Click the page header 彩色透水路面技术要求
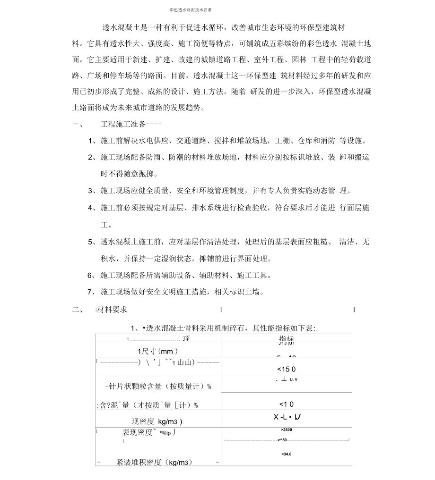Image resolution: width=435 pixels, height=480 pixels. click(x=190, y=9)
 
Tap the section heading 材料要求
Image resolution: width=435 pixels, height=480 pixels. click(x=112, y=310)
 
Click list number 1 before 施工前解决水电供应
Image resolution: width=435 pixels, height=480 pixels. click(x=91, y=141)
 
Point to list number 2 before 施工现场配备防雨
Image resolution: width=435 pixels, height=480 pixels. click(x=91, y=157)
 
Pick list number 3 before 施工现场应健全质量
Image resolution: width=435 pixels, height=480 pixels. click(x=91, y=190)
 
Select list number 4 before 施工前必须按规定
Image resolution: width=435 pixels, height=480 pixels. click(x=91, y=207)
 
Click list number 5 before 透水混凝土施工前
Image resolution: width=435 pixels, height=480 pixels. click(x=91, y=242)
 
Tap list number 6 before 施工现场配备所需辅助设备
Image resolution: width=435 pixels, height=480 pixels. click(x=91, y=275)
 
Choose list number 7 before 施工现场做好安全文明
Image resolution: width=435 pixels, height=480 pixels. click(x=91, y=292)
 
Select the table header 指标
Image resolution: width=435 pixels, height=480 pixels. click(x=286, y=339)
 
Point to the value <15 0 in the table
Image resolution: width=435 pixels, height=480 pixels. click(x=287, y=369)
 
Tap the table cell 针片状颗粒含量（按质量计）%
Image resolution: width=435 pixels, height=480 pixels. click(x=158, y=386)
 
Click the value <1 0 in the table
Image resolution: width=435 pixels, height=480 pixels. click(x=286, y=404)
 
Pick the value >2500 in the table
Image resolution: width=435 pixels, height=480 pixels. click(x=287, y=430)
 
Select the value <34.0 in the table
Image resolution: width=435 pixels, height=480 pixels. click(x=286, y=454)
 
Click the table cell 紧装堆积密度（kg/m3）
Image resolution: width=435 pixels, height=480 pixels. click(x=154, y=462)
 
